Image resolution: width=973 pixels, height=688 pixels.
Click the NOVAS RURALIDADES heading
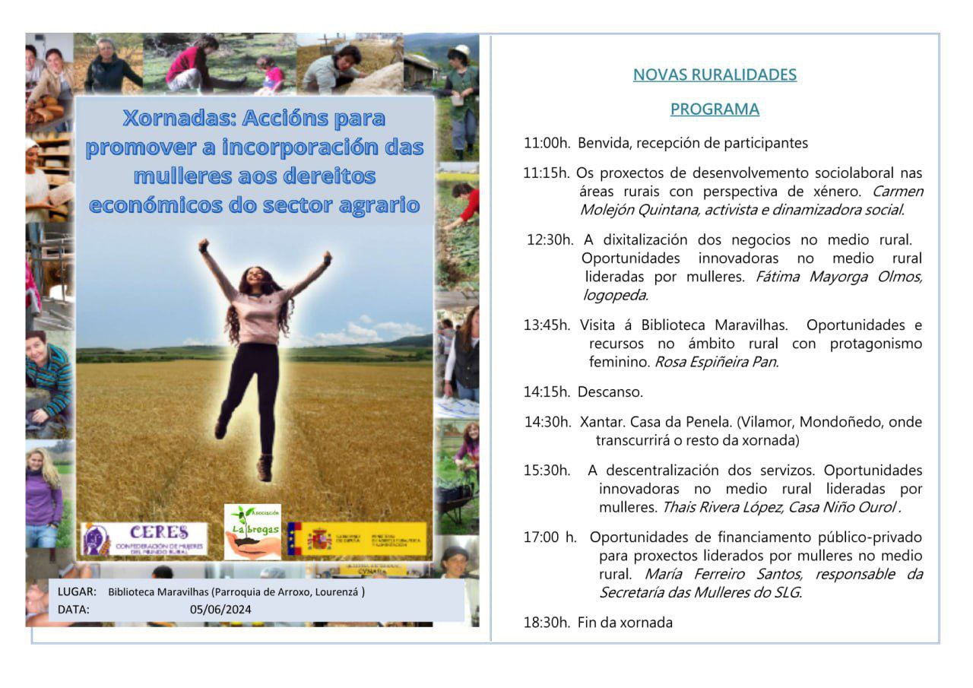pyautogui.click(x=715, y=75)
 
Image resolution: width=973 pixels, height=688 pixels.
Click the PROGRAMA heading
pyautogui.click(x=715, y=109)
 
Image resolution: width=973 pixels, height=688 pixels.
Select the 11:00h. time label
pyautogui.click(x=547, y=143)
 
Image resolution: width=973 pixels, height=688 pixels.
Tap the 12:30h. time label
pyautogui.click(x=550, y=240)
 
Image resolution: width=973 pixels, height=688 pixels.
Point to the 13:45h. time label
pyautogui.click(x=547, y=325)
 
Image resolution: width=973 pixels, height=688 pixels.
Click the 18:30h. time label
pyautogui.click(x=547, y=623)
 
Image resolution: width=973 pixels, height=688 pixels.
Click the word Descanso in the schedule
pyautogui.click(x=610, y=392)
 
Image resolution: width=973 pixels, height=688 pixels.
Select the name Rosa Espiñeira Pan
pyautogui.click(x=716, y=362)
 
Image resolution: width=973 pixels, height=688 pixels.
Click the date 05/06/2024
pyautogui.click(x=220, y=609)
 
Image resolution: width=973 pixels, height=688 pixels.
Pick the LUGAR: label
pyautogui.click(x=77, y=591)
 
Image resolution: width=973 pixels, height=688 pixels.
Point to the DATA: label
pyautogui.click(x=74, y=609)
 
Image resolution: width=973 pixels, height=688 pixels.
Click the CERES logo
pyautogui.click(x=144, y=537)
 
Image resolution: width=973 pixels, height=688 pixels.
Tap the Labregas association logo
pyautogui.click(x=252, y=531)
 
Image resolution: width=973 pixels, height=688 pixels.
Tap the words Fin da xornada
pyautogui.click(x=625, y=623)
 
